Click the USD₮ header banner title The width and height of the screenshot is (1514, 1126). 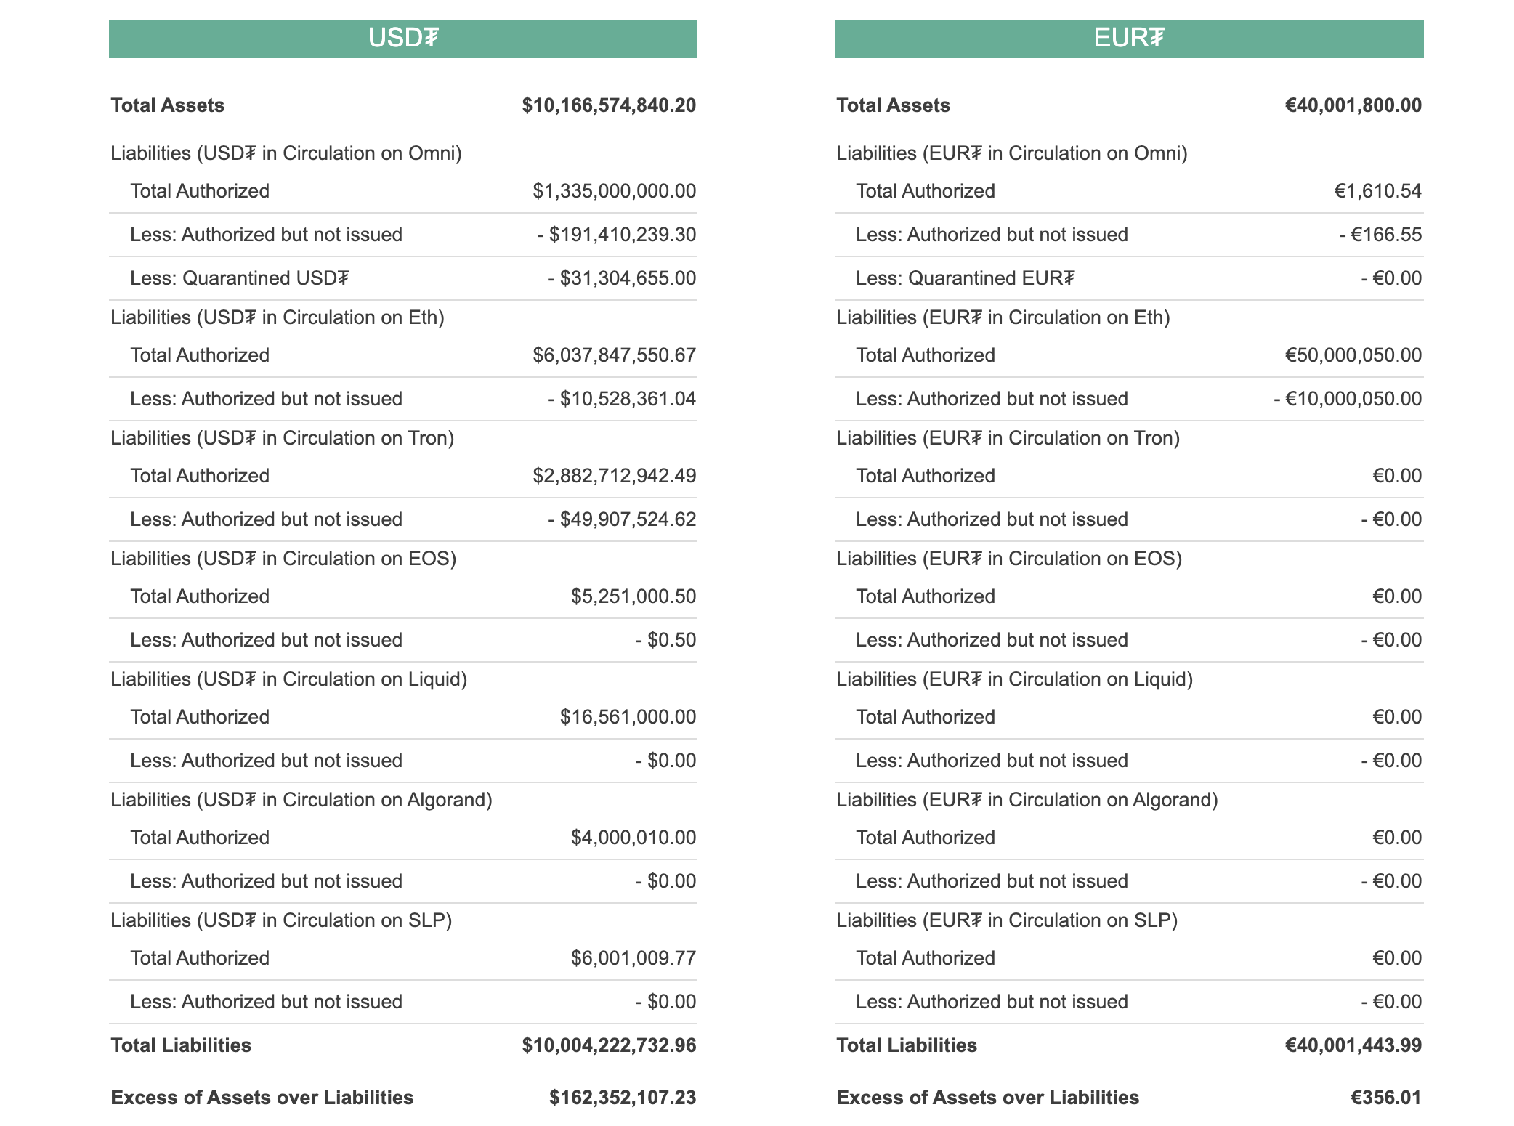pyautogui.click(x=403, y=38)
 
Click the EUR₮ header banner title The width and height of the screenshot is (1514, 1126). pyautogui.click(x=1129, y=38)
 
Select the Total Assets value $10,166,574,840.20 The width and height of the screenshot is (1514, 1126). pyautogui.click(x=609, y=105)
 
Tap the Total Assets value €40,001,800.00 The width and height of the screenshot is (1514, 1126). pyautogui.click(x=1353, y=105)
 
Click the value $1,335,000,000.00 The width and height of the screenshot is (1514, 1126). pyautogui.click(x=614, y=191)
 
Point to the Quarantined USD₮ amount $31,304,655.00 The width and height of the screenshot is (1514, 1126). pyautogui.click(x=622, y=278)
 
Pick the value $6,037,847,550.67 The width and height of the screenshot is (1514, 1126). pyautogui.click(x=614, y=355)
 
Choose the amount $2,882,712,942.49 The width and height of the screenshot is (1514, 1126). pyautogui.click(x=614, y=476)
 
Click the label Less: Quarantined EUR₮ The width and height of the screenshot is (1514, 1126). pyautogui.click(x=965, y=278)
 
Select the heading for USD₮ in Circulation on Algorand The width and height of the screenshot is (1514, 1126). pyautogui.click(x=301, y=800)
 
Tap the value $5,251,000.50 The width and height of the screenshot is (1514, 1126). pyautogui.click(x=633, y=596)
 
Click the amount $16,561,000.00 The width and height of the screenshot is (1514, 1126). pyautogui.click(x=628, y=717)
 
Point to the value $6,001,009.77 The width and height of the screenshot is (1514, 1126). pyautogui.click(x=633, y=958)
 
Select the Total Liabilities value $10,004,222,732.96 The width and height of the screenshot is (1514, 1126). pyautogui.click(x=609, y=1045)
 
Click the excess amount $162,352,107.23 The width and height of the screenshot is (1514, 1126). pyautogui.click(x=623, y=1098)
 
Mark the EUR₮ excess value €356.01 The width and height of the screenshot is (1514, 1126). pyautogui.click(x=1386, y=1098)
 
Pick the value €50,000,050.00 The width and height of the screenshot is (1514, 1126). pyautogui.click(x=1353, y=355)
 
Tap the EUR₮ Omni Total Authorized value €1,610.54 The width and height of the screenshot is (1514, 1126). pyautogui.click(x=1378, y=191)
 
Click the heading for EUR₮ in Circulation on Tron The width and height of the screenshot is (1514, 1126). pyautogui.click(x=1008, y=438)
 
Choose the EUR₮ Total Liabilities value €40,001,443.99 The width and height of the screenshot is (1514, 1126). pyautogui.click(x=1353, y=1045)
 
